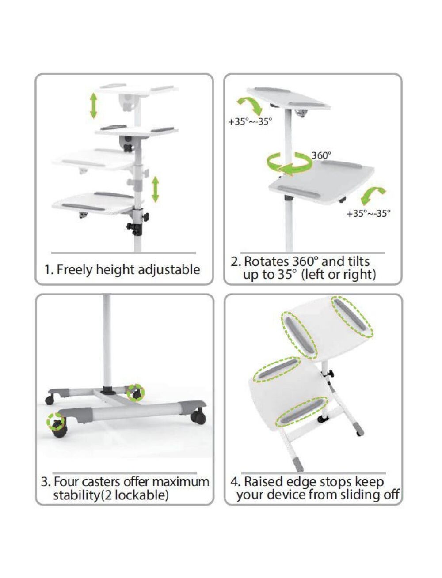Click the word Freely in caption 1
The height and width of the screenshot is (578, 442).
pos(75,270)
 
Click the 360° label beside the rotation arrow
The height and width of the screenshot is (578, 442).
pos(321,155)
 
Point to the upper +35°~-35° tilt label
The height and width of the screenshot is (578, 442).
pos(250,122)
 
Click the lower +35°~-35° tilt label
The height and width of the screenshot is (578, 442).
pos(368,213)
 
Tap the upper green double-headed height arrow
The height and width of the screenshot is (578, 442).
pos(94,106)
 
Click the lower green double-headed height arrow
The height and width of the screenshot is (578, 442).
pos(155,189)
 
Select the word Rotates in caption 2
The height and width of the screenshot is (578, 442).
pos(266,262)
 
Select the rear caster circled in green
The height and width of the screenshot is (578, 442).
pos(135,393)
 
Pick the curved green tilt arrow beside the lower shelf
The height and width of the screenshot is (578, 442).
pos(373,196)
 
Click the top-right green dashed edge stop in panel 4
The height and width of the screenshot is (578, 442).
pos(352,317)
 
